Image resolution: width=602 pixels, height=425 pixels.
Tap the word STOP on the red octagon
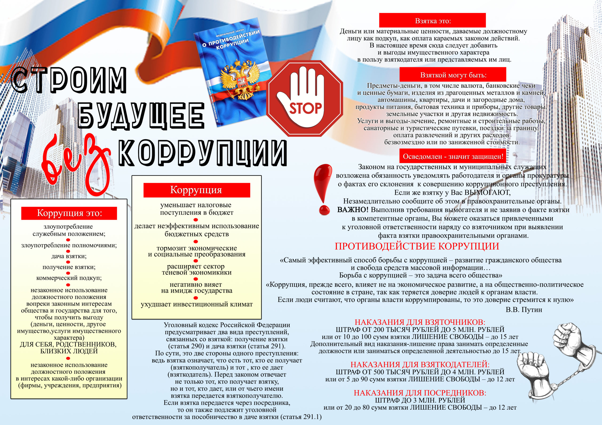[x=305, y=108]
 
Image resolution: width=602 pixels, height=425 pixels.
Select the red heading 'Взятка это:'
[x=432, y=21]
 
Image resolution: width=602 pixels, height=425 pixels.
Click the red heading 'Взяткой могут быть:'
[x=453, y=75]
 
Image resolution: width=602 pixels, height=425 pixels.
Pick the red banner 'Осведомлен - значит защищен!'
[x=453, y=156]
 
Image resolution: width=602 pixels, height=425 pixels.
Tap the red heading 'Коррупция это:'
[x=69, y=213]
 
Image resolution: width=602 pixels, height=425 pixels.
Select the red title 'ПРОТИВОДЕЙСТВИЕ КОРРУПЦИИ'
[x=417, y=246]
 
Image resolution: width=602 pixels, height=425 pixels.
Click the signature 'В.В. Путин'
[x=524, y=310]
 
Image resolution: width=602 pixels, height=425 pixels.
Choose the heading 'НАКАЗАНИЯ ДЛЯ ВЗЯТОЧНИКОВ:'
[x=420, y=322]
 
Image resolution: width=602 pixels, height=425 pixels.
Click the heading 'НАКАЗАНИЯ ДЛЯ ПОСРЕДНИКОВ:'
[x=420, y=393]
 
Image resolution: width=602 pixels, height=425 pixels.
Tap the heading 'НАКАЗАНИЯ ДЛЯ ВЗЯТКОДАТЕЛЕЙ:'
[x=420, y=364]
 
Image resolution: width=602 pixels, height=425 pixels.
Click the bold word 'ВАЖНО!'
[x=353, y=210]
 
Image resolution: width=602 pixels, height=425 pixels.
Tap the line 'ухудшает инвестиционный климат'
[x=197, y=304]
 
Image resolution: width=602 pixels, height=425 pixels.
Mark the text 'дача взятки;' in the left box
[x=69, y=256]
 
